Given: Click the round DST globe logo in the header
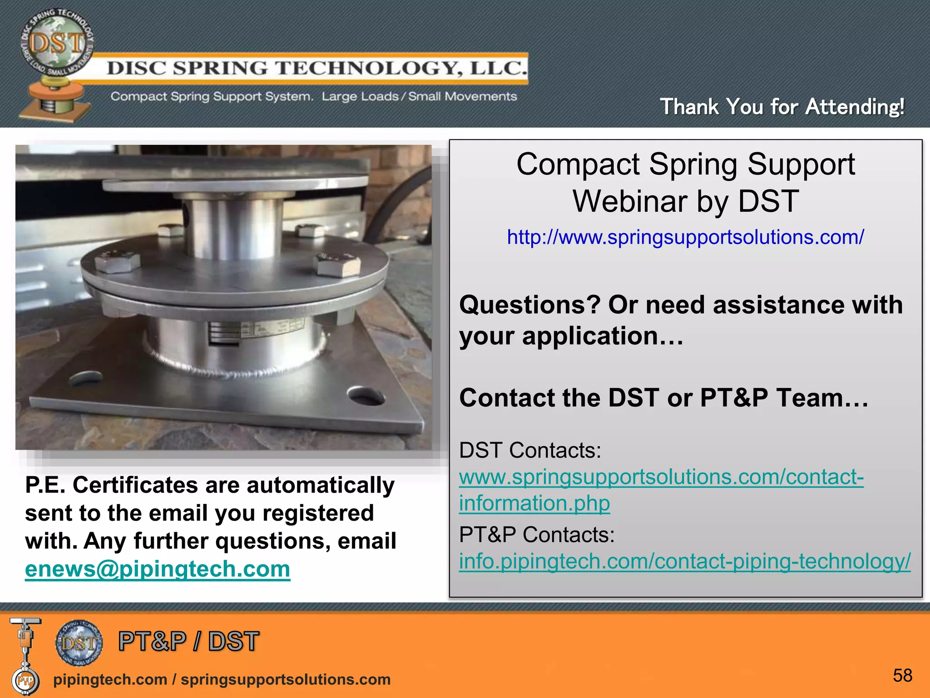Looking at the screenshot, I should [57, 43].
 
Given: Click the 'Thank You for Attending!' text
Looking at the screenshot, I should [782, 107].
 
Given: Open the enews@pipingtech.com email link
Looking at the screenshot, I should [157, 569].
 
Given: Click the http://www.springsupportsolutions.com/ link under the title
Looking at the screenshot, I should [685, 237].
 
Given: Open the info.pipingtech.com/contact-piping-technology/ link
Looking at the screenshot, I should [684, 561].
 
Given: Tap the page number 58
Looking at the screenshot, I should [902, 676].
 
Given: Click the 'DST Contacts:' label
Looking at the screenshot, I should [530, 450].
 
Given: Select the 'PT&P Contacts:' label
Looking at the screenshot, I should [536, 535].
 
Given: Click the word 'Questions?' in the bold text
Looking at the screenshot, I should [529, 305].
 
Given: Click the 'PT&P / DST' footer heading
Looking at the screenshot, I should [188, 642].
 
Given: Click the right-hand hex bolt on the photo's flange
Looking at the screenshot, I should [338, 264].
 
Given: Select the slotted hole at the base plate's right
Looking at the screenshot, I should [366, 395].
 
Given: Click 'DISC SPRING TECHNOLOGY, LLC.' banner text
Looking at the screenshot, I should [317, 68].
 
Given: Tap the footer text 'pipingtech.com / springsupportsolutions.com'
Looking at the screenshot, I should [222, 679].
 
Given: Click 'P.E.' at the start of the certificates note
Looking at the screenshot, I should [45, 485].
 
